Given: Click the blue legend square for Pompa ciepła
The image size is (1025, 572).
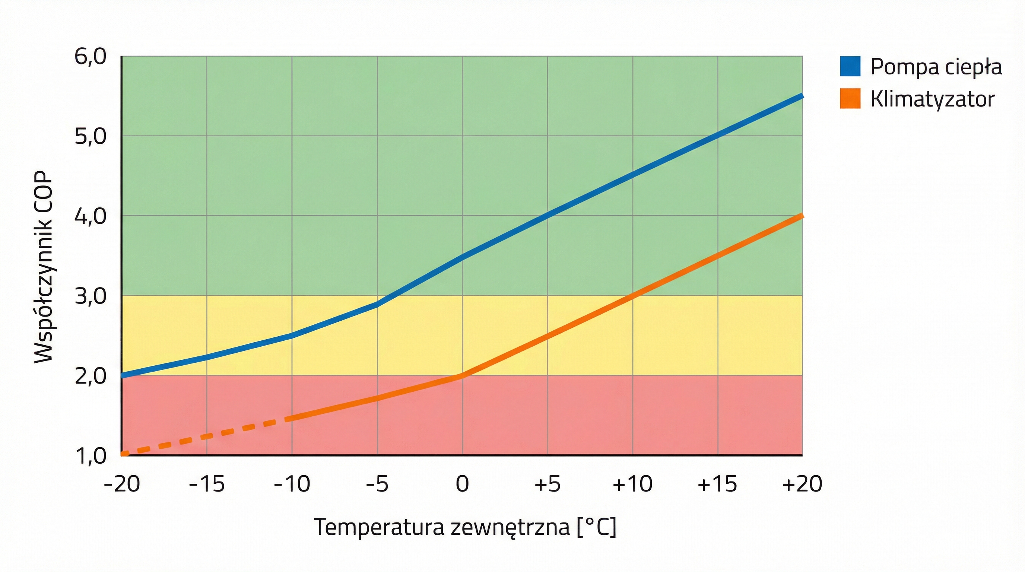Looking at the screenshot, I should tap(850, 66).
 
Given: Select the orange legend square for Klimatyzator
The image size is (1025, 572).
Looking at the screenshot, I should tap(850, 98).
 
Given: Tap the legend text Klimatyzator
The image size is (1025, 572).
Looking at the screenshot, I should tap(932, 99).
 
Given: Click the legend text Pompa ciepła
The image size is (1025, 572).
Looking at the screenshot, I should tap(936, 67).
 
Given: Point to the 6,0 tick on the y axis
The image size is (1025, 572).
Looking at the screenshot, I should tap(91, 57).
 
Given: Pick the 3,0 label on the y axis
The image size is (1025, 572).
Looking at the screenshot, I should tap(91, 296).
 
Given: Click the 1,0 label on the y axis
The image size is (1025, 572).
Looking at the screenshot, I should tap(91, 456).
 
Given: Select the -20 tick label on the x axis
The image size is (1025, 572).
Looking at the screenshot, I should tap(122, 484).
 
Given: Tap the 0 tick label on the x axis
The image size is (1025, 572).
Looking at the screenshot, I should tap(462, 484).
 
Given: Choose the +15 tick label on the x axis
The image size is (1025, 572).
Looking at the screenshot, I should tap(717, 484).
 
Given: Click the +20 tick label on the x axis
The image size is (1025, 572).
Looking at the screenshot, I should tap(802, 484).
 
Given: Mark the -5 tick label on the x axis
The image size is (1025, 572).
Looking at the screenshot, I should tap(377, 484).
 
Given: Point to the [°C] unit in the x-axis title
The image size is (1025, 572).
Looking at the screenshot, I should tap(596, 527).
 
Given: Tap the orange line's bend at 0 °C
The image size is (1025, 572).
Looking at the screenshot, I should tap(462, 375).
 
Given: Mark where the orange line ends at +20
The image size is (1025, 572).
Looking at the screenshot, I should tap(800, 216).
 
